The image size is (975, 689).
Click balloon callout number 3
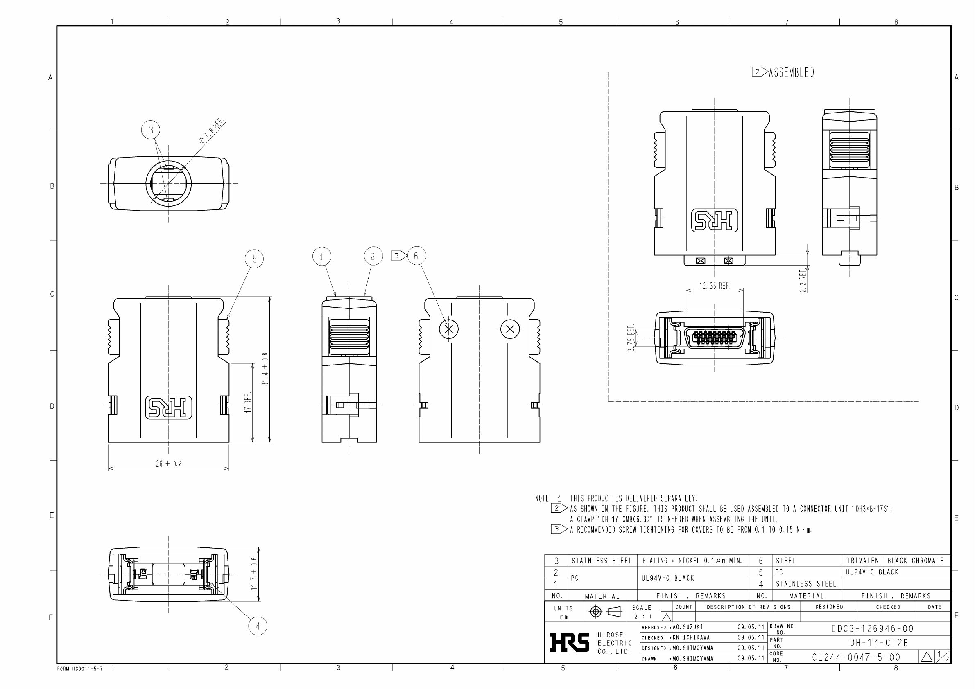(151, 130)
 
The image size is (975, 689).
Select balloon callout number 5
(254, 259)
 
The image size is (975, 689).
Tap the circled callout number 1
(321, 257)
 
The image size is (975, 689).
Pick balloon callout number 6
(416, 256)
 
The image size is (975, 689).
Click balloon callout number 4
(257, 626)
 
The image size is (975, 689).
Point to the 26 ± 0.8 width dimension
(169, 464)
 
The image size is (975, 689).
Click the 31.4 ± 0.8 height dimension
(265, 369)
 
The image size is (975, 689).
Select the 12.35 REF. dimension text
(715, 286)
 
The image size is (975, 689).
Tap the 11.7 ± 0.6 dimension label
(254, 574)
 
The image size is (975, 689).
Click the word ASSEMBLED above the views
(791, 72)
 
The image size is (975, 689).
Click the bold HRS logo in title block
(569, 642)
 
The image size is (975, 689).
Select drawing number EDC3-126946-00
(872, 629)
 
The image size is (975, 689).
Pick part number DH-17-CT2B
(879, 643)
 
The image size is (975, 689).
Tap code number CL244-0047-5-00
(856, 657)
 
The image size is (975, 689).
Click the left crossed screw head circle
(449, 329)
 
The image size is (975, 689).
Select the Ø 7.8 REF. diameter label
(211, 132)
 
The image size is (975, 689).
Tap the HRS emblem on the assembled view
(715, 221)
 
